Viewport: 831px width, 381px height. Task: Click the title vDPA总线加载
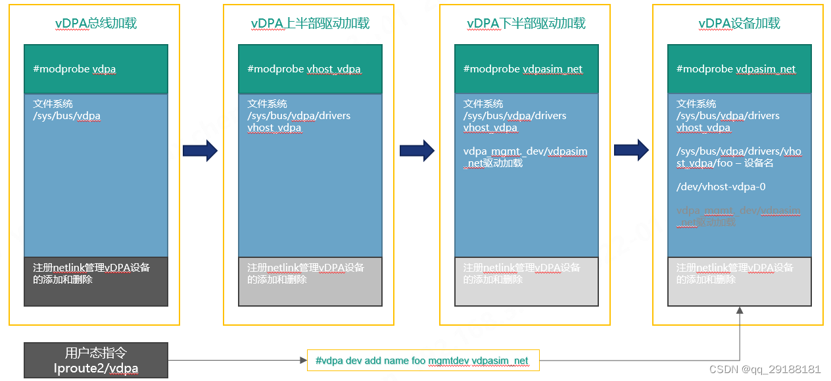(x=96, y=24)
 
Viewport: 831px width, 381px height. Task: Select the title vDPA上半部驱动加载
(x=310, y=24)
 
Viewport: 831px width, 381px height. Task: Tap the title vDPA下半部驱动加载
(x=526, y=24)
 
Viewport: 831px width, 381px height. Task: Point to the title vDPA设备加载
(x=739, y=24)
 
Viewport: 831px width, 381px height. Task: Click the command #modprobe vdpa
(x=74, y=69)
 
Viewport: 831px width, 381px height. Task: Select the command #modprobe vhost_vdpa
(x=304, y=69)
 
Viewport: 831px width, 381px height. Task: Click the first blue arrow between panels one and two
(x=200, y=151)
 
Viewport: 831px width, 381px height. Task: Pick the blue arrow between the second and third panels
(x=417, y=151)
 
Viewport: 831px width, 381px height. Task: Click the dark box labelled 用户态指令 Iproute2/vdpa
(x=96, y=360)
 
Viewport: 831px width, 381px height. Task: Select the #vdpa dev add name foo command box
(x=423, y=361)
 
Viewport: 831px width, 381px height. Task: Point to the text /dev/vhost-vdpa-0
(x=721, y=187)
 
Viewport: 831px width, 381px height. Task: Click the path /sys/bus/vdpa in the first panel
(x=67, y=116)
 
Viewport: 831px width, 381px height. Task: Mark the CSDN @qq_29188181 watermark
(x=765, y=370)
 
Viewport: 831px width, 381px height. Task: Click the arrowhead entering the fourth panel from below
(x=740, y=313)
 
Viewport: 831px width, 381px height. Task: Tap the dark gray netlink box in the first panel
(x=96, y=282)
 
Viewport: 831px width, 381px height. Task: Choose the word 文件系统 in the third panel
(x=483, y=104)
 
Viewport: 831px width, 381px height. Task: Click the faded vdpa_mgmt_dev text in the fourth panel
(x=738, y=211)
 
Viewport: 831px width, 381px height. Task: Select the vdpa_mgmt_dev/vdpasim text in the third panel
(x=525, y=151)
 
